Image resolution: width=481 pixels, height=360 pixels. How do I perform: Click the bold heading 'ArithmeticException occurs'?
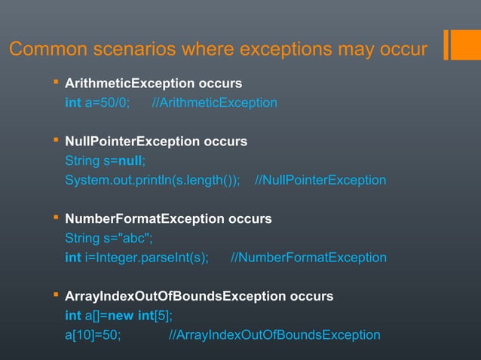coord(153,83)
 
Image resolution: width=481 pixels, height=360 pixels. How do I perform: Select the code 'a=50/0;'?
coord(107,102)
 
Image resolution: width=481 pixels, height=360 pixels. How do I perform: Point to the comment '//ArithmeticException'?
coord(214,102)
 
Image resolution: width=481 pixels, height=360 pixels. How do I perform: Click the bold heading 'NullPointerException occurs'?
coord(156,141)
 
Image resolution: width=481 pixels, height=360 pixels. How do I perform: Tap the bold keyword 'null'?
coord(130,160)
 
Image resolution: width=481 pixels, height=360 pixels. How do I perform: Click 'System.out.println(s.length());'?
coord(152,180)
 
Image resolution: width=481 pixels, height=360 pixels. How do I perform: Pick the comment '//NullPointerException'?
coord(320,180)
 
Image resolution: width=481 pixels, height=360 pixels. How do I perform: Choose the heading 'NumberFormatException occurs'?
coord(168,219)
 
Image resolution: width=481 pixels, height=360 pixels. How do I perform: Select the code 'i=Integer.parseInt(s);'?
coord(146,258)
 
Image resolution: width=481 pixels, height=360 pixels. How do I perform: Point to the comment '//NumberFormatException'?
coord(308,258)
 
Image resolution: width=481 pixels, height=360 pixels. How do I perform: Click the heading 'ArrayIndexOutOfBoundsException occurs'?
coord(199,296)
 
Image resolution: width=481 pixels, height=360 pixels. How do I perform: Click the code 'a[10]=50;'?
coord(92,334)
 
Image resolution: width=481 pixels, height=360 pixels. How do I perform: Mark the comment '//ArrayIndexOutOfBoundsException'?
coord(274,334)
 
